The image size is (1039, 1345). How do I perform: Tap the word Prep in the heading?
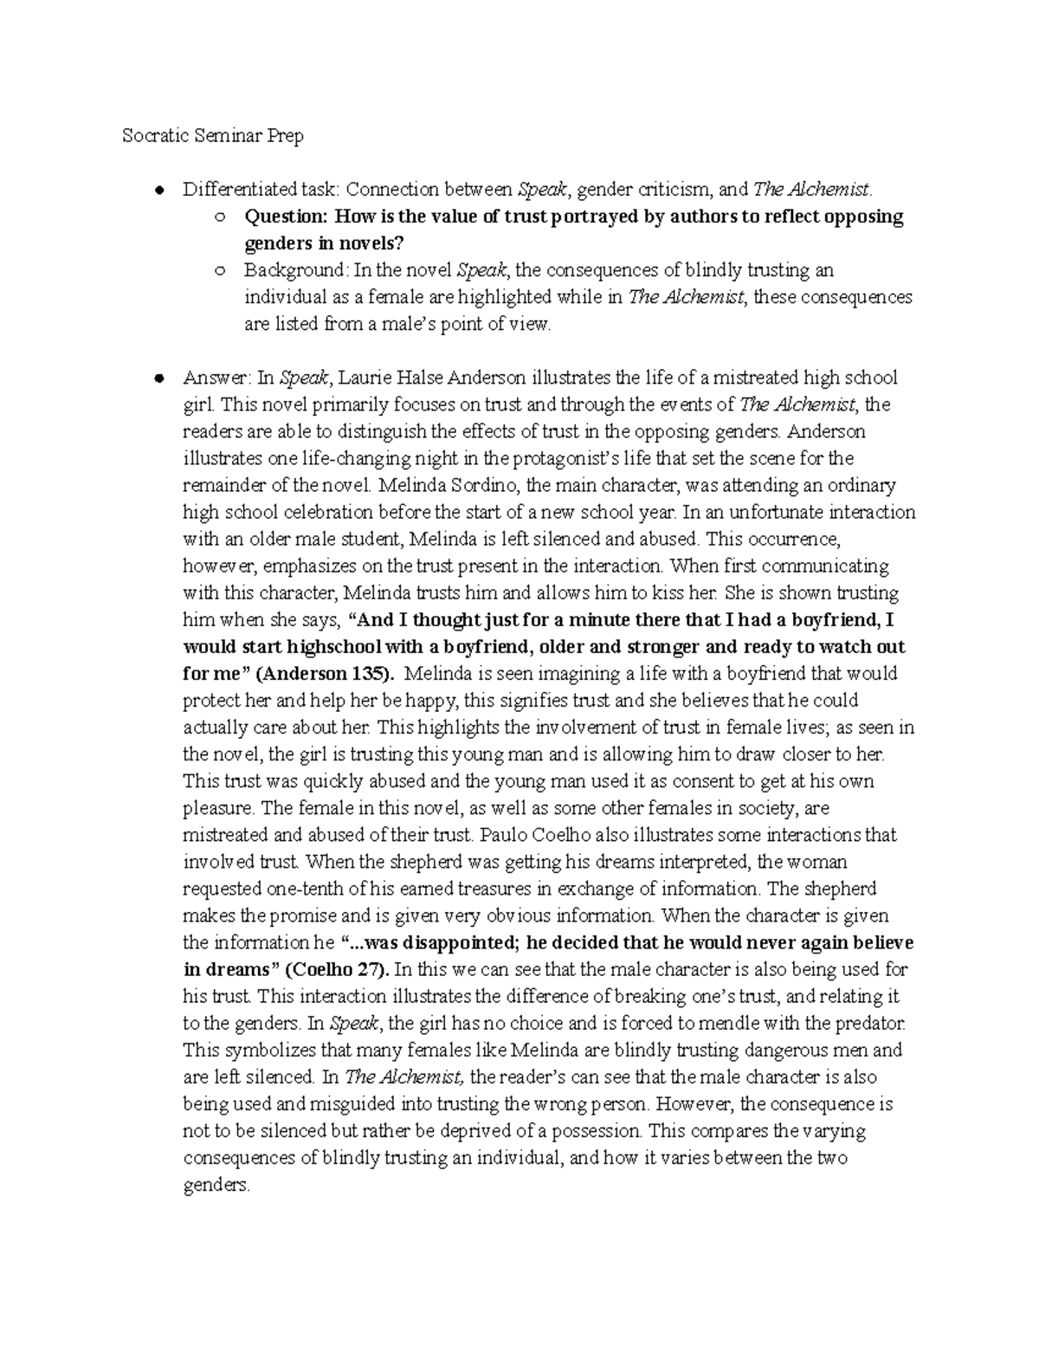coord(284,136)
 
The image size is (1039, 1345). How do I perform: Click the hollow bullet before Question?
coord(220,217)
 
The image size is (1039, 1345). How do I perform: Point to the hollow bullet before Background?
coord(220,271)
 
